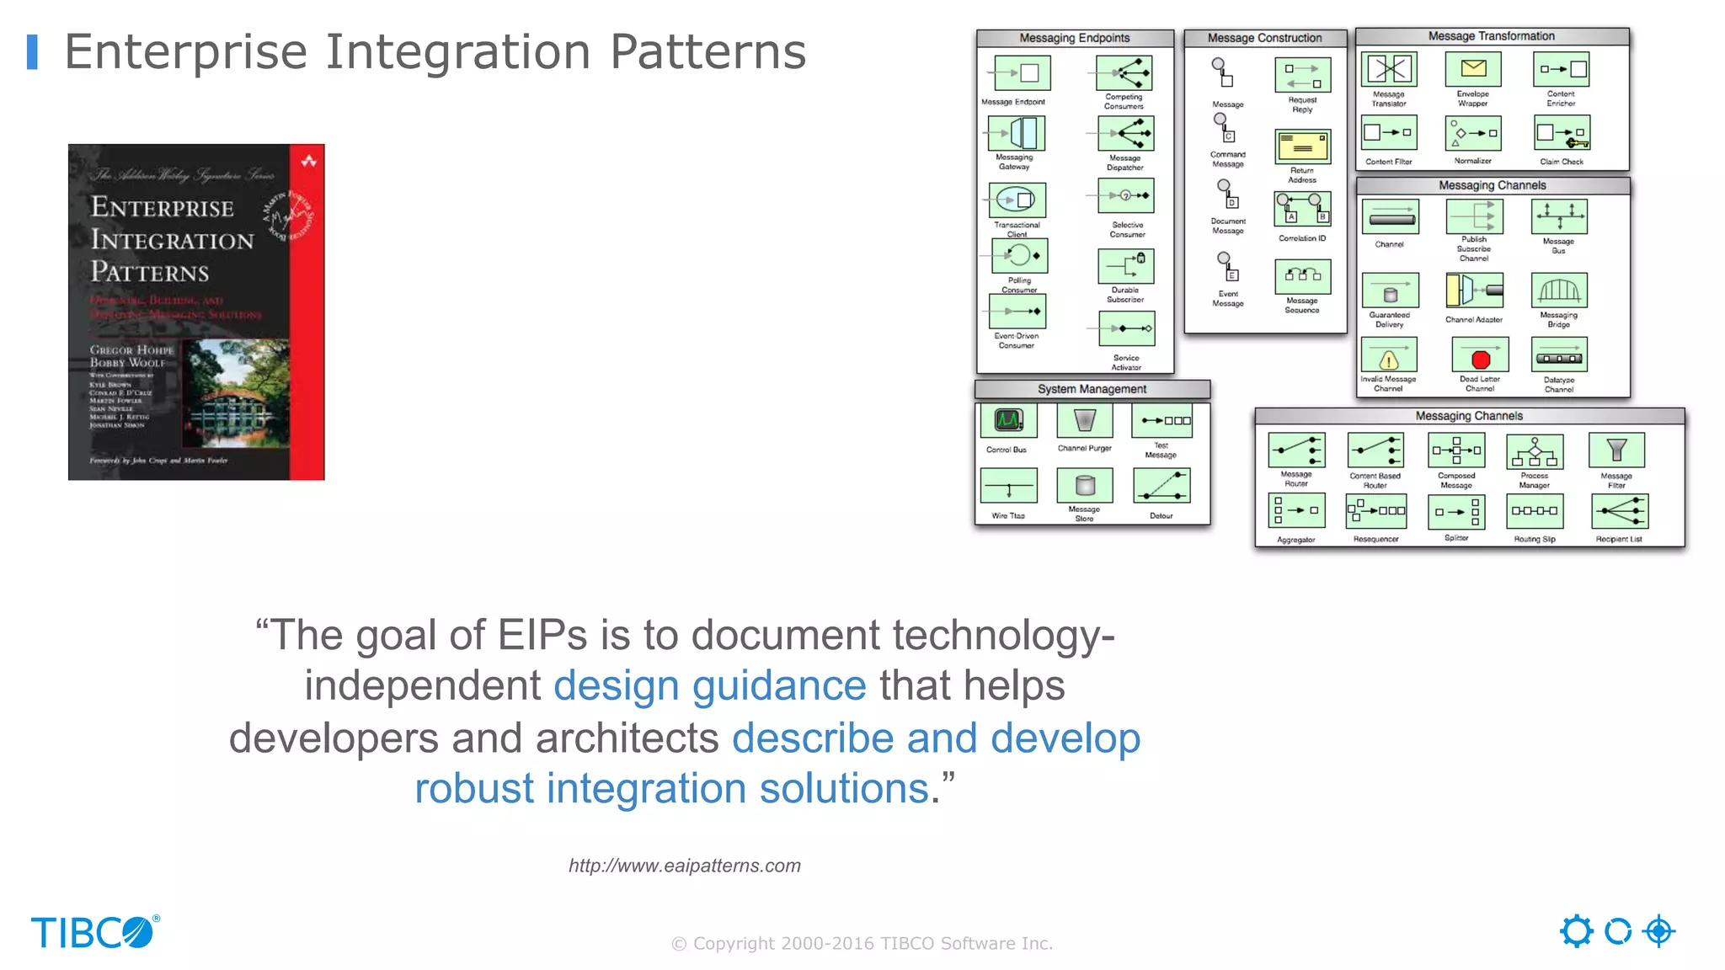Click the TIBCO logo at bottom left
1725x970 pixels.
point(94,932)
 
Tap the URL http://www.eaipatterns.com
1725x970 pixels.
point(684,866)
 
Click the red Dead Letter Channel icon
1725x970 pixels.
point(1480,357)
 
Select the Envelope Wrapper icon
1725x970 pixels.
point(1473,70)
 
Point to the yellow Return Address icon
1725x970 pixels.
point(1302,147)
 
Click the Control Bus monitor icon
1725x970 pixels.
point(1008,420)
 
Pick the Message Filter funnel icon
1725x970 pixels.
point(1616,450)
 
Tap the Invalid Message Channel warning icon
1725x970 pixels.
point(1389,357)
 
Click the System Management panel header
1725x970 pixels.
point(1092,389)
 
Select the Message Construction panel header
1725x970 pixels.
point(1264,38)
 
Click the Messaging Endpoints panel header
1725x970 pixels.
point(1074,38)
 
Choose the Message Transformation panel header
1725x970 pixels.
point(1491,36)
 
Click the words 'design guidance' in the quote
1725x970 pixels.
point(709,685)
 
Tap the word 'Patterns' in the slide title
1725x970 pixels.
point(708,52)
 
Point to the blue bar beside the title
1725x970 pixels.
point(32,52)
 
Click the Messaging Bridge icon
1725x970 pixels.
point(1559,290)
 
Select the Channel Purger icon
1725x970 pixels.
point(1085,420)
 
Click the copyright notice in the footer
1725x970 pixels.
point(862,943)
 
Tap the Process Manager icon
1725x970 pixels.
point(1535,452)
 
